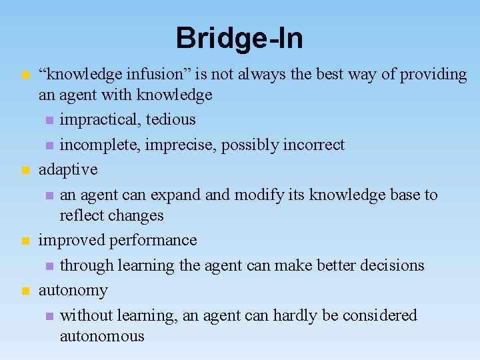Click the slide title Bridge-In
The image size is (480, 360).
pos(239,38)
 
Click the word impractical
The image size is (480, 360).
pos(100,120)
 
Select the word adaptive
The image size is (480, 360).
pos(68,170)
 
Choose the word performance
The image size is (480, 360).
pos(154,240)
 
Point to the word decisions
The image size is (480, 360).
pos(392,265)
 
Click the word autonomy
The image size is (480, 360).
pos(73,291)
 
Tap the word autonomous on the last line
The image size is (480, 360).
pos(102,336)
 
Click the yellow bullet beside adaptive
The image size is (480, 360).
pos(25,171)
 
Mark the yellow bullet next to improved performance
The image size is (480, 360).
pos(25,241)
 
